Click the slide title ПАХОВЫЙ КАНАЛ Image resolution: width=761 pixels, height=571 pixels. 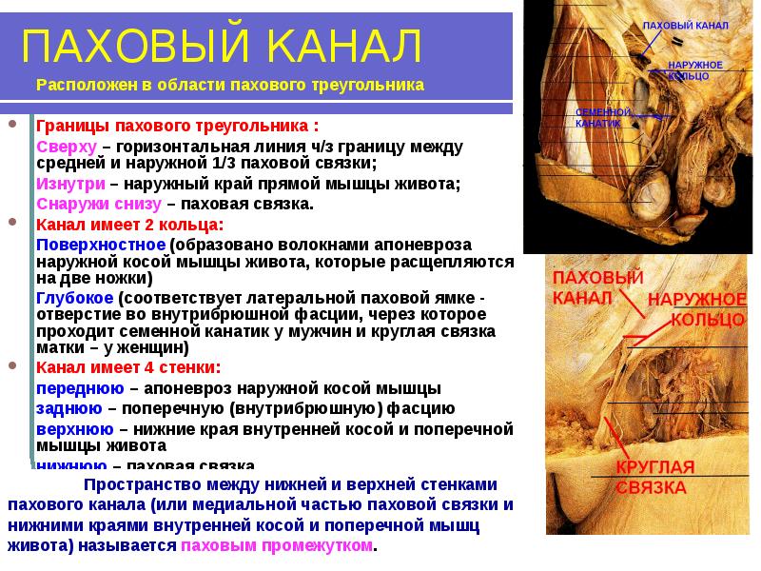[x=221, y=45]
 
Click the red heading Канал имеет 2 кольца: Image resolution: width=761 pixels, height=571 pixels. [x=129, y=226]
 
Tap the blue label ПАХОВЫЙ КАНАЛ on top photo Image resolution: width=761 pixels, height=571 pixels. [x=686, y=25]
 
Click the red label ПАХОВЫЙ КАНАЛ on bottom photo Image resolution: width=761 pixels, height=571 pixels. [x=597, y=286]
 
